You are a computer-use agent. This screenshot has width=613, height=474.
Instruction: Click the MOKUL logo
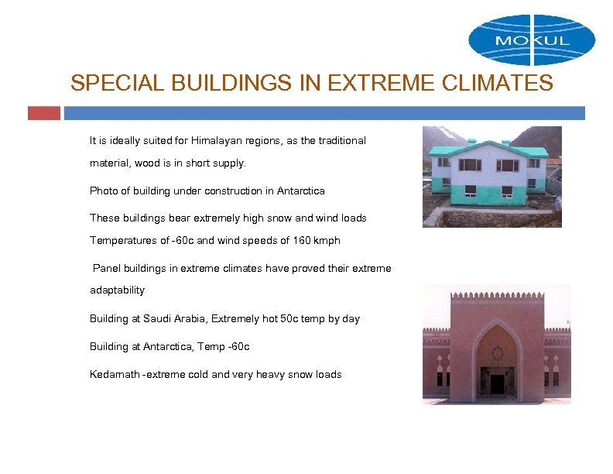[x=532, y=40]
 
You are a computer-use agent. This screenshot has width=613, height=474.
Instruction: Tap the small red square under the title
[x=43, y=113]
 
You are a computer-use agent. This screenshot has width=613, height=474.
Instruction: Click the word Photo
[x=103, y=191]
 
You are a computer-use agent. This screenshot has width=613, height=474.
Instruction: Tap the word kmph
[x=328, y=240]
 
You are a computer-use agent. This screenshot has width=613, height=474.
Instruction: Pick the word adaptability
[x=117, y=290]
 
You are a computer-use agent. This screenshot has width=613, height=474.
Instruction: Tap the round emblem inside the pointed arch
[x=497, y=352]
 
